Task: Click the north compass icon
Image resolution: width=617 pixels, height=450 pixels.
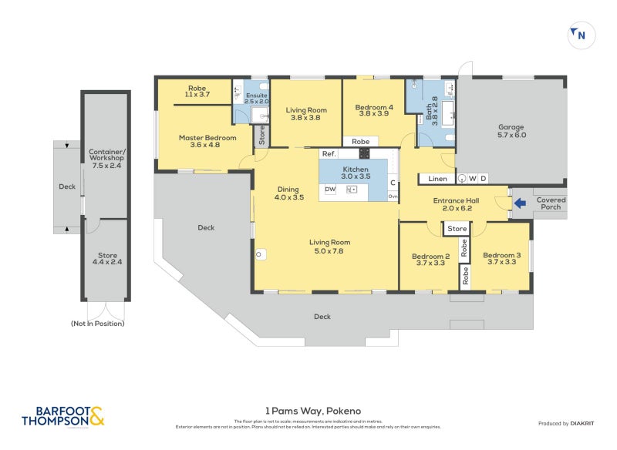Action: (x=578, y=34)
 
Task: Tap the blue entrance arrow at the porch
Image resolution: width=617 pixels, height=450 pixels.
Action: (x=521, y=203)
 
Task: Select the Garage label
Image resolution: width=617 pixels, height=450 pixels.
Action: (x=511, y=130)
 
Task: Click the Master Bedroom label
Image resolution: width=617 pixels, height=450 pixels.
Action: (x=200, y=142)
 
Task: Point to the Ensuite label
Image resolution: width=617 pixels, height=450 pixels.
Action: (x=256, y=98)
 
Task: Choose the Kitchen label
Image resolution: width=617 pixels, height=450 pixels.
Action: (x=355, y=173)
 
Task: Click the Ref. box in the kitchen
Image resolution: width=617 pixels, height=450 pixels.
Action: (x=329, y=154)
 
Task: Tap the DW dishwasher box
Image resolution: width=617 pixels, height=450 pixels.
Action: (x=330, y=189)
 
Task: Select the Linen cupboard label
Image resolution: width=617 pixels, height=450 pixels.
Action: (x=437, y=179)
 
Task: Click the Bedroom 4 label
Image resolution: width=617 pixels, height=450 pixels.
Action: (x=373, y=111)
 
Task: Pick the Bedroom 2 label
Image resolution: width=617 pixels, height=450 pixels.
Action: (x=430, y=260)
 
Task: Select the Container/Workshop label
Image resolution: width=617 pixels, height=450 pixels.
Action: (x=106, y=159)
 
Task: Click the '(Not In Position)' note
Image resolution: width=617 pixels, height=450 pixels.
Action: (x=97, y=324)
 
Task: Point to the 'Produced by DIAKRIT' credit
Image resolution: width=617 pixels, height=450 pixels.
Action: (x=569, y=424)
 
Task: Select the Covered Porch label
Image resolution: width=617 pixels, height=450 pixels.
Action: (x=551, y=204)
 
